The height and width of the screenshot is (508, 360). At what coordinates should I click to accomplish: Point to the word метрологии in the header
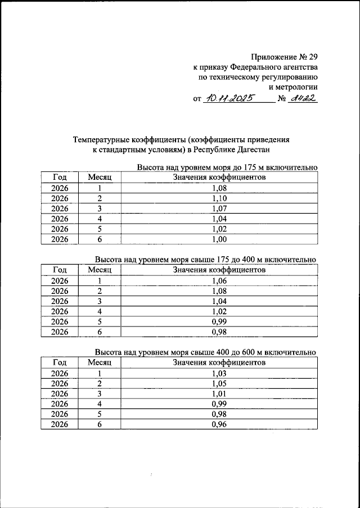[294, 87]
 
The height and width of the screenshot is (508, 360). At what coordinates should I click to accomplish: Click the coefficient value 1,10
[219, 198]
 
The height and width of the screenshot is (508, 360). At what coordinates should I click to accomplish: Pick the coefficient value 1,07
[219, 208]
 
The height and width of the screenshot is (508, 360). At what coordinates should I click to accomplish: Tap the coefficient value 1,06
[219, 280]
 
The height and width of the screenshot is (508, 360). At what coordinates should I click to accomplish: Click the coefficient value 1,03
[219, 373]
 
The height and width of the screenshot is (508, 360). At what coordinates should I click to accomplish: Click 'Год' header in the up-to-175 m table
[60, 178]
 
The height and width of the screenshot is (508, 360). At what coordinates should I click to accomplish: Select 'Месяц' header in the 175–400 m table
[100, 270]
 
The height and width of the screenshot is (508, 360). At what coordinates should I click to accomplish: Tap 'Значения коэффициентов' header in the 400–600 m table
[219, 362]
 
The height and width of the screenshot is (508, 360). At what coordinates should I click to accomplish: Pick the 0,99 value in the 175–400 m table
[219, 321]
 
